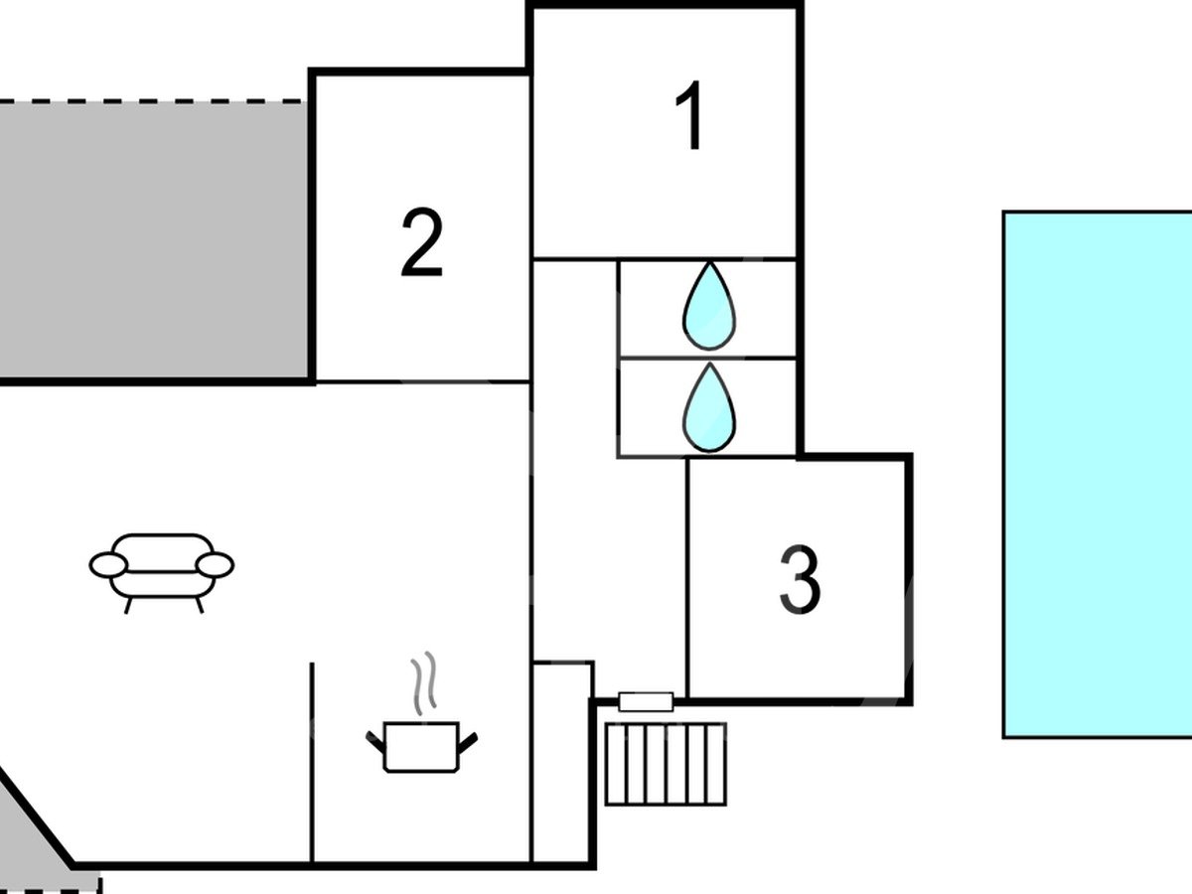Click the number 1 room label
(690, 117)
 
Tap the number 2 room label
(421, 242)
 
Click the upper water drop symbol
(709, 306)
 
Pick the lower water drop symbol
(709, 407)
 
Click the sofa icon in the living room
(162, 569)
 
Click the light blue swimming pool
(1097, 473)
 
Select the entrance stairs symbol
(666, 763)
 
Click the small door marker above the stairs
(646, 701)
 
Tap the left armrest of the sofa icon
(108, 565)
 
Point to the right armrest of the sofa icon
(215, 565)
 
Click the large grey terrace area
(154, 238)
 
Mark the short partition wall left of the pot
(312, 761)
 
